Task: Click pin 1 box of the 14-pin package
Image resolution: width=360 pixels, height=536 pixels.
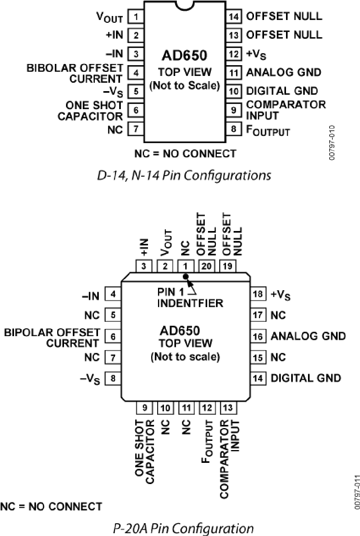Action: pyautogui.click(x=136, y=17)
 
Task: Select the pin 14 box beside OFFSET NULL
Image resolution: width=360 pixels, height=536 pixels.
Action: pyautogui.click(x=234, y=17)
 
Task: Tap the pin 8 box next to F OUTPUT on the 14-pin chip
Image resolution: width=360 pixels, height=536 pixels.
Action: pyautogui.click(x=234, y=129)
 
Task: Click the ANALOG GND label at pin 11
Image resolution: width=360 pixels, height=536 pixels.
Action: pyautogui.click(x=283, y=72)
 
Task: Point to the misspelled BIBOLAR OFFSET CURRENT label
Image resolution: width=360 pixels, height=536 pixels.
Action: pyautogui.click(x=75, y=73)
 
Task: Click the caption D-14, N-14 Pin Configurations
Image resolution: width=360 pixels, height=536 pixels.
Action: pyautogui.click(x=184, y=175)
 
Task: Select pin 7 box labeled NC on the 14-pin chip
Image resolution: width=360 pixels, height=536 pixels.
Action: pyautogui.click(x=136, y=129)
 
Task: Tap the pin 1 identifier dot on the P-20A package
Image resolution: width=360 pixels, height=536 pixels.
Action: pyautogui.click(x=185, y=277)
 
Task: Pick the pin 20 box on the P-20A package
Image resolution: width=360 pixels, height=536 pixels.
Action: pyautogui.click(x=206, y=266)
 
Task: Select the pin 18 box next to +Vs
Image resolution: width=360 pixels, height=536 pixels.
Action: pyautogui.click(x=258, y=295)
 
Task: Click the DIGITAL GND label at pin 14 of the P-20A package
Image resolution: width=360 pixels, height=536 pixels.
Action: pyautogui.click(x=306, y=378)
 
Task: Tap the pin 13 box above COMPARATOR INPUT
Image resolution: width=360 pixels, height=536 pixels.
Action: pyautogui.click(x=228, y=408)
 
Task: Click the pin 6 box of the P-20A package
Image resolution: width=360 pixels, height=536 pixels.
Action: pyautogui.click(x=113, y=337)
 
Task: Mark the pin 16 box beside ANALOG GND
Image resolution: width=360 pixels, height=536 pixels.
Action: pyautogui.click(x=258, y=337)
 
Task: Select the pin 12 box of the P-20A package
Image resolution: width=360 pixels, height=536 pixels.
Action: pyautogui.click(x=207, y=408)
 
